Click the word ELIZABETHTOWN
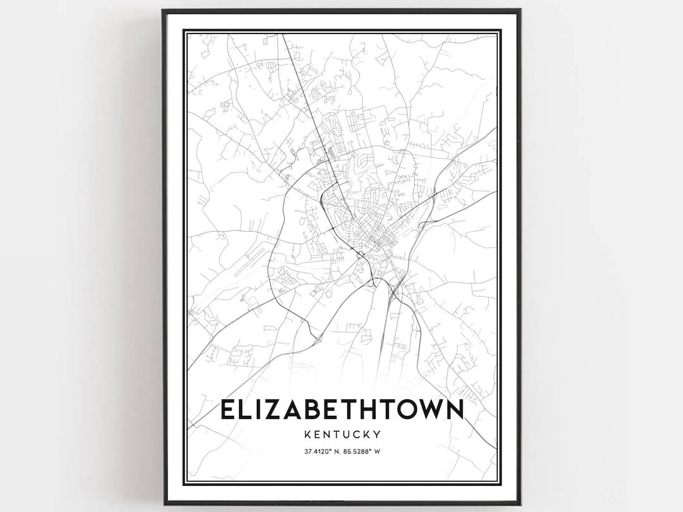[x=341, y=409]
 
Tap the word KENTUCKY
[x=341, y=435]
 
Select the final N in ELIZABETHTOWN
[x=453, y=409]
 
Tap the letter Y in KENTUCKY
[x=377, y=435]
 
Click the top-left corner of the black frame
[x=163, y=10]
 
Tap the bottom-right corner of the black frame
[x=520, y=503]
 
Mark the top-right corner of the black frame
[x=520, y=10]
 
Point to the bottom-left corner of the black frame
[x=163, y=503]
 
